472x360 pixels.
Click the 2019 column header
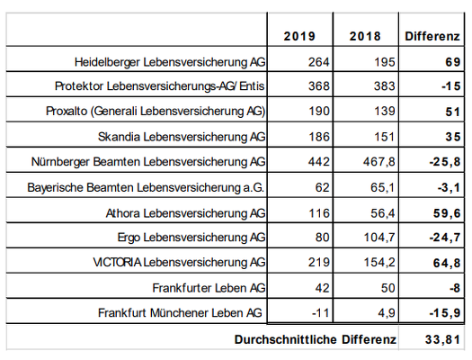pos(299,36)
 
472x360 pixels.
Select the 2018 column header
pos(365,36)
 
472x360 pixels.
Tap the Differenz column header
pos(432,36)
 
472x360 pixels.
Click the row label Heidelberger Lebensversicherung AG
pos(170,62)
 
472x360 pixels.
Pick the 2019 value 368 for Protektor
pos(319,86)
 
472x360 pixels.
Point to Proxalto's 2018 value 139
pos(385,112)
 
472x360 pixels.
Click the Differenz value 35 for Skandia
pos(453,137)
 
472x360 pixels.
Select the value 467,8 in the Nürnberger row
pos(379,162)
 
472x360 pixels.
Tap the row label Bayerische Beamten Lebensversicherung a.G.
pos(146,187)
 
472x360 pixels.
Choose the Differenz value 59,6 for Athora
pos(447,213)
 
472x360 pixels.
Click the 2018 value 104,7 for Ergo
pos(379,238)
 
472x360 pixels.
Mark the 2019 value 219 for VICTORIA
pos(319,262)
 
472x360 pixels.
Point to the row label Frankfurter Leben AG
pos(209,288)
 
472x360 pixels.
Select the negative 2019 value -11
pos(321,312)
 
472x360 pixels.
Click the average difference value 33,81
pos(443,339)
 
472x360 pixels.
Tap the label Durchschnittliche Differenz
pos(316,339)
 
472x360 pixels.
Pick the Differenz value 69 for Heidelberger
pos(453,62)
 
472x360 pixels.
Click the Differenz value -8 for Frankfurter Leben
pos(455,288)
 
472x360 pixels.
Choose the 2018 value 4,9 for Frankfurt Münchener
pos(387,313)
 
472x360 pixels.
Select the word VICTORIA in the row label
pos(117,262)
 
